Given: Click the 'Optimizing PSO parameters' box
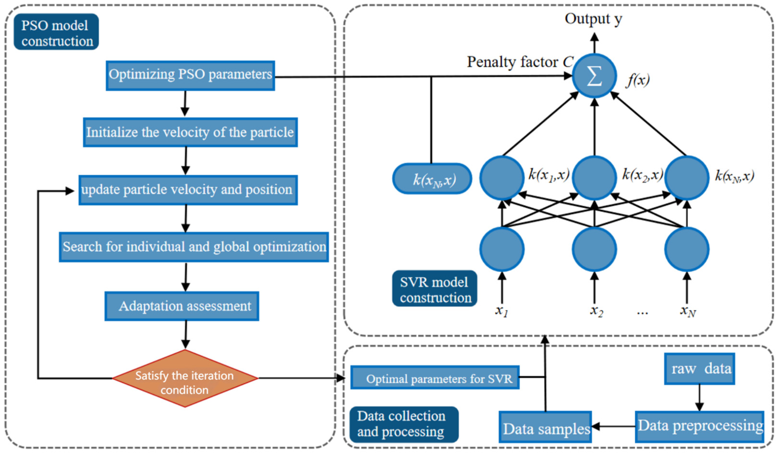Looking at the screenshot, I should coord(190,75).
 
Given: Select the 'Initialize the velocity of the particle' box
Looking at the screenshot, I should coord(190,132).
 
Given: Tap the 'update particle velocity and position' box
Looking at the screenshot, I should coord(188,190).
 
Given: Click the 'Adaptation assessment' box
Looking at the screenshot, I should coord(182,306).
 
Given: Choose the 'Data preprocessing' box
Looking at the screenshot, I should coord(699,426).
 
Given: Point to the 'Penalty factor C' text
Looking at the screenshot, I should coord(519,62).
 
